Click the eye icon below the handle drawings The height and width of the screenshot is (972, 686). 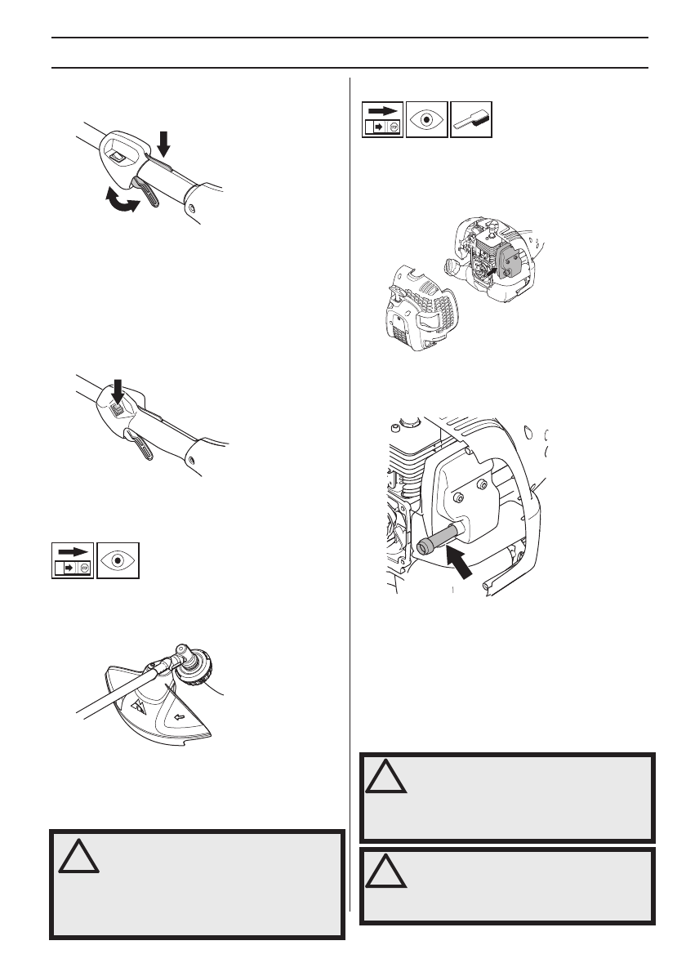click(x=118, y=560)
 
